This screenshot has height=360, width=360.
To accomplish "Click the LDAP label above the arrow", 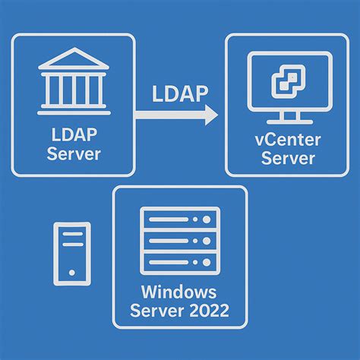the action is [180, 94].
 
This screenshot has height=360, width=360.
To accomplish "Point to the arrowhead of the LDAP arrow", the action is [211, 115].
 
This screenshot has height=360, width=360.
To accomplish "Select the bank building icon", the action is [74, 81].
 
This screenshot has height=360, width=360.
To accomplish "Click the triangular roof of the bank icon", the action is [74, 58].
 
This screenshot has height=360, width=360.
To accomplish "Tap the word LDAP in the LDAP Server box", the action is [74, 134].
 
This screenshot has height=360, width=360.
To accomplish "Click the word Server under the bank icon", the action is [74, 153].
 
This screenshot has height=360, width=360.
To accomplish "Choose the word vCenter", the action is [288, 140].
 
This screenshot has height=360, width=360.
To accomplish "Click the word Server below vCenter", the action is [288, 158].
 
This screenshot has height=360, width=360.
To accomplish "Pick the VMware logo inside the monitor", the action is [289, 81].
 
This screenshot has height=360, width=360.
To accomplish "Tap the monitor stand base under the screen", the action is [289, 122].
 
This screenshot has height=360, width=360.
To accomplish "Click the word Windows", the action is [178, 292].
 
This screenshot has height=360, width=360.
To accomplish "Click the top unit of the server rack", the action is [180, 219].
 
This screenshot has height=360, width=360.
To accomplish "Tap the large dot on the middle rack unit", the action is [207, 241].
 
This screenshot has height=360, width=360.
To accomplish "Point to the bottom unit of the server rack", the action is [180, 263].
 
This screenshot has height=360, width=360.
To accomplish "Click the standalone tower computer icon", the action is [72, 254].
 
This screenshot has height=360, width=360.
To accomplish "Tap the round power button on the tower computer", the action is [72, 273].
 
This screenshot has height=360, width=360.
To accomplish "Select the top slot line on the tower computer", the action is [73, 234].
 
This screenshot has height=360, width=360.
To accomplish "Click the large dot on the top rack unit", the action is [207, 219].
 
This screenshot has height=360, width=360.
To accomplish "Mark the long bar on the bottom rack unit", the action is [169, 263].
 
